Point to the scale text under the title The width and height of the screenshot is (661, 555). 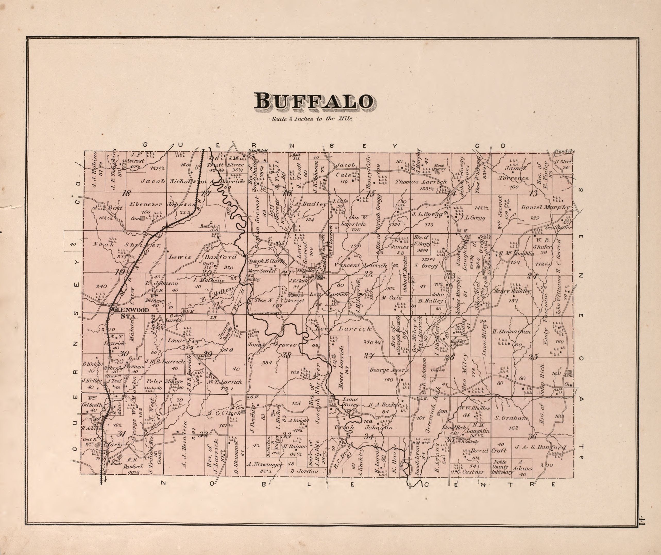[312, 119]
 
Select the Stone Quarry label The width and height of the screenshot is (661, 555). [439, 167]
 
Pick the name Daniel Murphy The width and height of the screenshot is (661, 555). [545, 207]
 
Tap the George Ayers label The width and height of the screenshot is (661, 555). [389, 370]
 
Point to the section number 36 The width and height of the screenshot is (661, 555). [532, 436]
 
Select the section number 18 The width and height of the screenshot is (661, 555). [126, 193]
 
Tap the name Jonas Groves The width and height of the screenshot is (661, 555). [272, 345]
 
